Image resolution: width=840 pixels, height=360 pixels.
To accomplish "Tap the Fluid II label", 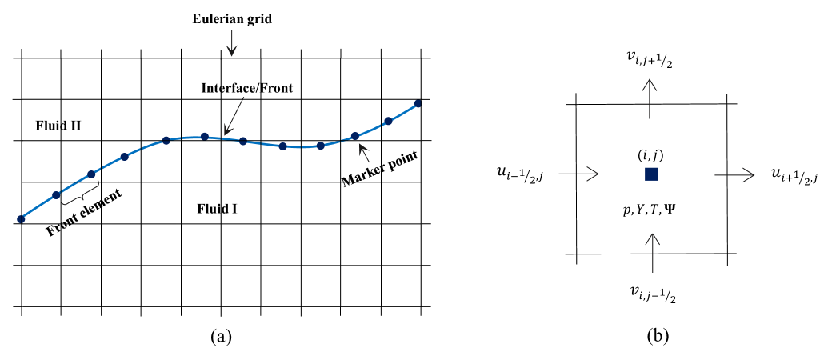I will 57,126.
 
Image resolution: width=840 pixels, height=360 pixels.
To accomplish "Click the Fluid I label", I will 217,210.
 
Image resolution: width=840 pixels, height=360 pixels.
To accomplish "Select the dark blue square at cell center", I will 651,174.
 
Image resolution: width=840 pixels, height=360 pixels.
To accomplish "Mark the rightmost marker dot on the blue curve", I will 418,103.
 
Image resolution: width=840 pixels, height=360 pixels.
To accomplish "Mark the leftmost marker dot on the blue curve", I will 20,218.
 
